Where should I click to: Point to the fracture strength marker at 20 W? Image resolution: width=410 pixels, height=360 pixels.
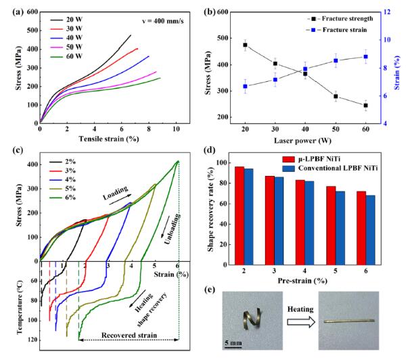(x=245, y=45)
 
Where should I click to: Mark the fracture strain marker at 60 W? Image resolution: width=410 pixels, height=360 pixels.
(x=365, y=56)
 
